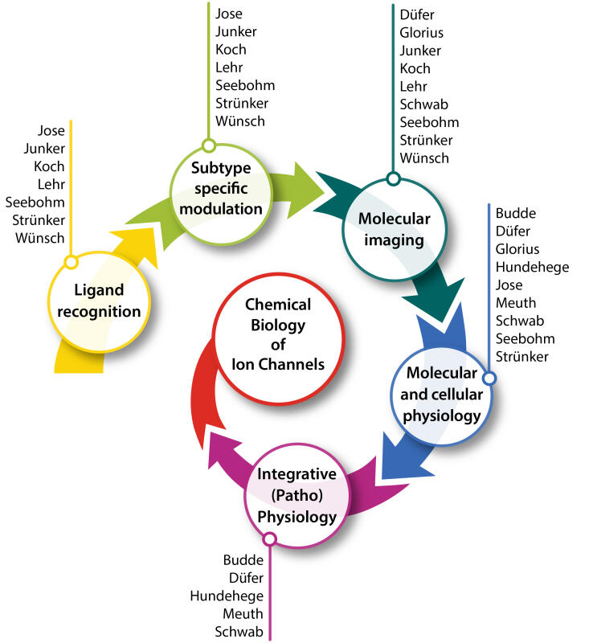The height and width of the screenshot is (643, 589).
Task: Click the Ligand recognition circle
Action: click(100, 302)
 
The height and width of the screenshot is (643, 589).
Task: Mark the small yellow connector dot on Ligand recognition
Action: click(71, 262)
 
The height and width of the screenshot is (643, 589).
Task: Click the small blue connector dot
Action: click(489, 379)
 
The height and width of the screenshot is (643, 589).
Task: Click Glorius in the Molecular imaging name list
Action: click(421, 33)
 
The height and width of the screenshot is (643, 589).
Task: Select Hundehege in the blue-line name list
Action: click(532, 267)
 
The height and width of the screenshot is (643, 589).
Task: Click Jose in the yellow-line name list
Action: click(51, 130)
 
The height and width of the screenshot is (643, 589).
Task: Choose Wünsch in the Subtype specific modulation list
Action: click(240, 121)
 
